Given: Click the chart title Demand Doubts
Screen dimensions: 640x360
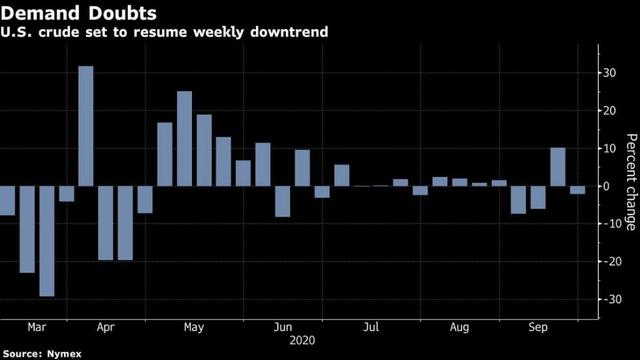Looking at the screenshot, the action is click(x=78, y=13).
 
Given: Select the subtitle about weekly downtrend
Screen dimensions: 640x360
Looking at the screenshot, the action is click(x=164, y=32).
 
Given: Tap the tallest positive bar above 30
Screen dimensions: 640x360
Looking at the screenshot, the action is click(x=86, y=126).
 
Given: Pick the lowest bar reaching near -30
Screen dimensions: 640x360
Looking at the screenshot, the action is click(x=47, y=241).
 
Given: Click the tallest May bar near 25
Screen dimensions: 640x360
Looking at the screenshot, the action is click(x=184, y=139).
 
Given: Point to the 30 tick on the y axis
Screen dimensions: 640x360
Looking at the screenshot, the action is click(x=610, y=73).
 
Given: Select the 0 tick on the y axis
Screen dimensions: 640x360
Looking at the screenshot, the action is click(x=606, y=186).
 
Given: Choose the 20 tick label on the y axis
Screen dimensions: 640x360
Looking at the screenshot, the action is click(x=610, y=111).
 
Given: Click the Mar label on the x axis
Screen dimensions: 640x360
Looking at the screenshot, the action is click(x=37, y=327).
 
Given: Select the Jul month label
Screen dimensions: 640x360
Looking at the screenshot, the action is click(x=371, y=327).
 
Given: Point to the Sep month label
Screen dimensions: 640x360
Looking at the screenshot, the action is click(x=538, y=327).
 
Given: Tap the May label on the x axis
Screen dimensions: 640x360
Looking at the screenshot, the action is click(x=194, y=327).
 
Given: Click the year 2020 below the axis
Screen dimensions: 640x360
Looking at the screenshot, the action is click(x=302, y=340).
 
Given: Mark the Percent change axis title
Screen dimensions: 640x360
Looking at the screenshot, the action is click(x=631, y=182).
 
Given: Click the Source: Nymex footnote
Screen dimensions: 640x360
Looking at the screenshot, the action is click(x=42, y=353).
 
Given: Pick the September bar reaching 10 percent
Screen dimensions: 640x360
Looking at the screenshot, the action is click(x=558, y=167).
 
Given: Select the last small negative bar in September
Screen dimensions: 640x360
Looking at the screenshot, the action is click(x=578, y=190).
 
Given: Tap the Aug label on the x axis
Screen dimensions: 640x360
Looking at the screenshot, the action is click(x=459, y=327).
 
